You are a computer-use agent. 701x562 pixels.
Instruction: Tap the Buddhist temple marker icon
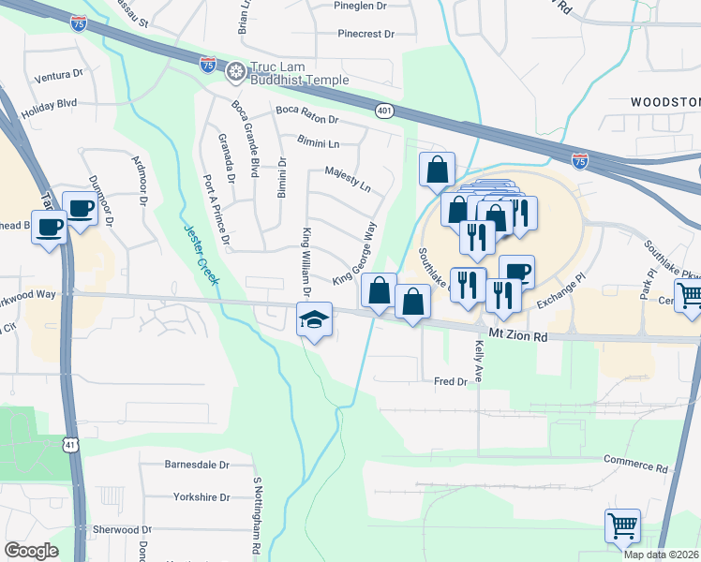point(235,69)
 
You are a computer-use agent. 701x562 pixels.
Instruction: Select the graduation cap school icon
point(314,320)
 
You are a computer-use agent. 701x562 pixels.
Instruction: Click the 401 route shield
point(384,111)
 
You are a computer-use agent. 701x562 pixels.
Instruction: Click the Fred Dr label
point(450,382)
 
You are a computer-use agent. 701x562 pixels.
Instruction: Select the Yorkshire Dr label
point(201,497)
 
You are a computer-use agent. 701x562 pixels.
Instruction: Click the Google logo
point(32,550)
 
